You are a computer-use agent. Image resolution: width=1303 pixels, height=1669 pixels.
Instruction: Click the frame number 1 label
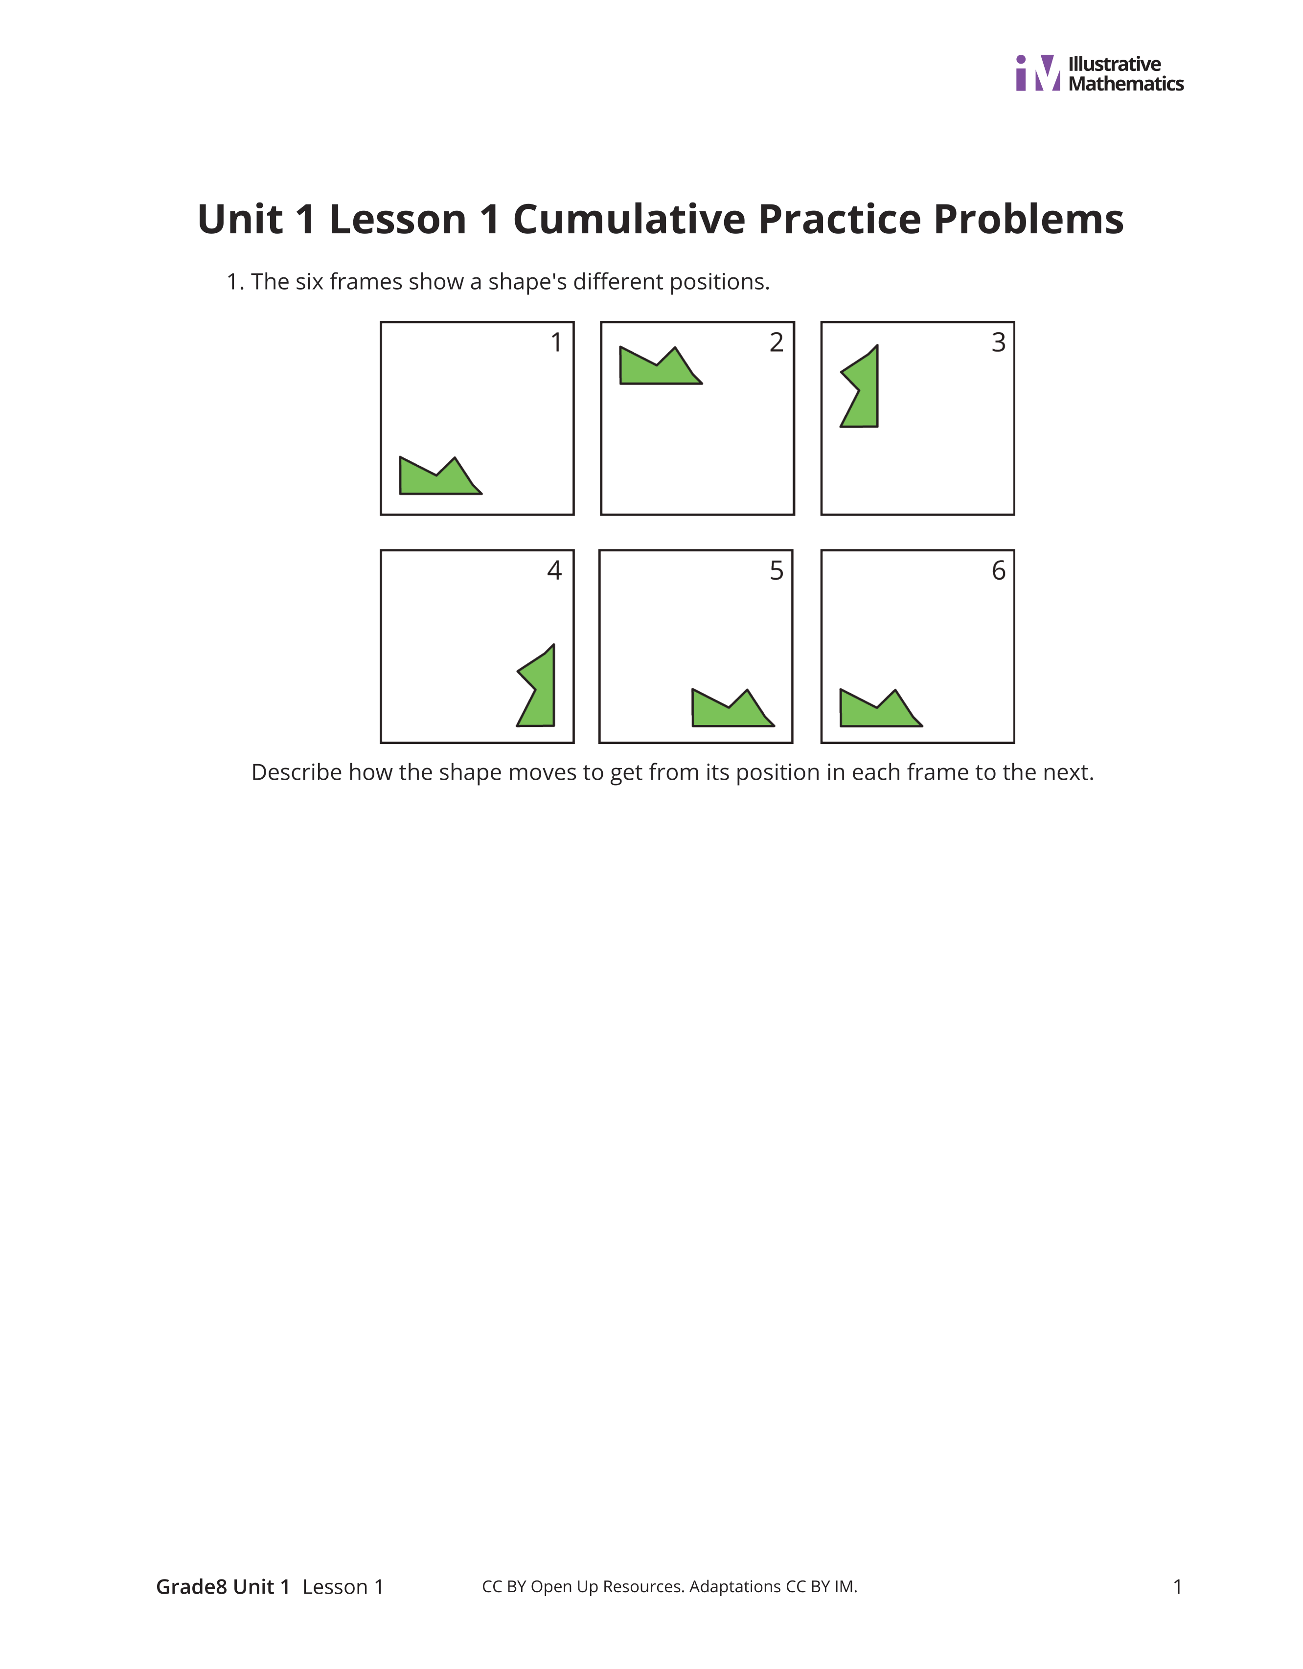(x=556, y=342)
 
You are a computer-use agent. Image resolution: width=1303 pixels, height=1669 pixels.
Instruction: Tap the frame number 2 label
(x=777, y=342)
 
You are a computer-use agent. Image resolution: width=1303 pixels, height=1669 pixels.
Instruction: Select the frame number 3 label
(x=998, y=342)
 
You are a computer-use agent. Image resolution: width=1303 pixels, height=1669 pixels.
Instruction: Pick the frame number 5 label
(x=777, y=571)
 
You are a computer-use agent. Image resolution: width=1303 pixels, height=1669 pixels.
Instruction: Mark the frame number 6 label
(x=998, y=571)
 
